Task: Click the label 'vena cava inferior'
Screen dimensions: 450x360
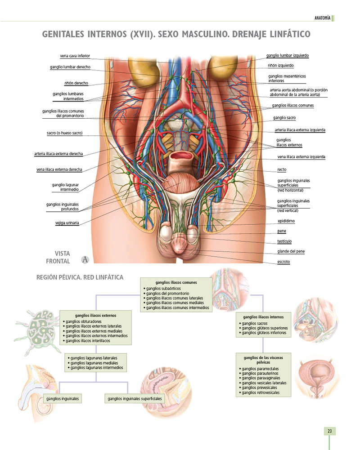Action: pos(75,56)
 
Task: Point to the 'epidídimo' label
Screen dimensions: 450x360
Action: pos(287,221)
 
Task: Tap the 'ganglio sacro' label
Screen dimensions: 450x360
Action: pos(284,118)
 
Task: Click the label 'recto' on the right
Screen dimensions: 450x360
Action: pos(282,170)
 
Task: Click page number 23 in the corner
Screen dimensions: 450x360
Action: pos(329,432)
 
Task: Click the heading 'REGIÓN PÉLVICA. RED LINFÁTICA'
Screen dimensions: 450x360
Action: pos(80,278)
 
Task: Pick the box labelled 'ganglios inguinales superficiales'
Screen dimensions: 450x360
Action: pos(135,399)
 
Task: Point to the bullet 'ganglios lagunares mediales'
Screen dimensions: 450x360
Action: pos(94,363)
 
